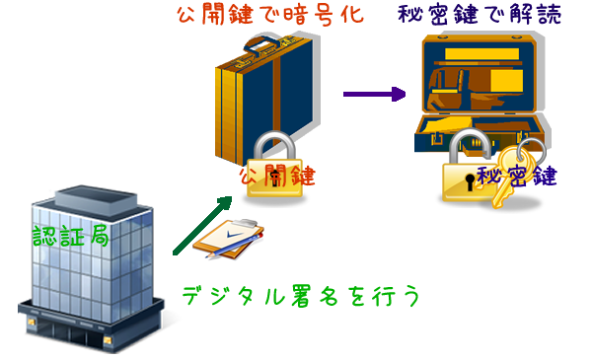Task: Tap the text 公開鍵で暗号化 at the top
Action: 256,16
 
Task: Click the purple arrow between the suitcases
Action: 374,95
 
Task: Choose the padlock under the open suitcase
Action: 464,182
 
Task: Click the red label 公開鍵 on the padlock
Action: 276,176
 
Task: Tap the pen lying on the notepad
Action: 229,252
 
